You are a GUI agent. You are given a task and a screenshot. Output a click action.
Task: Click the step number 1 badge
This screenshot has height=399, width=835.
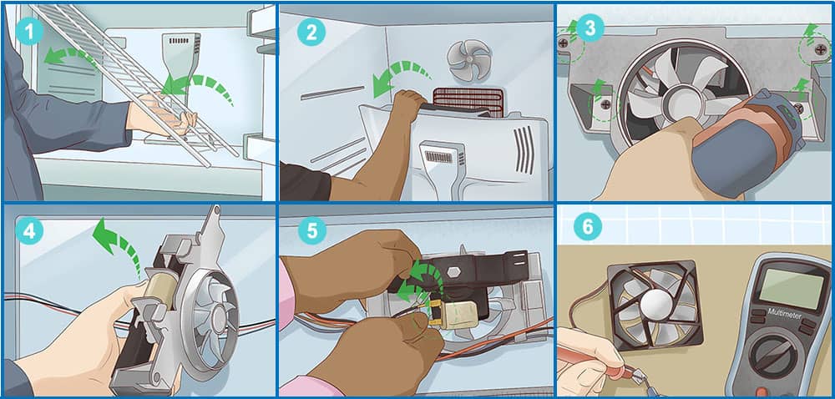coord(29,31)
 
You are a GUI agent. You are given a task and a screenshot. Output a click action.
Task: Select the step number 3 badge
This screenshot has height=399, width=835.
coord(590,28)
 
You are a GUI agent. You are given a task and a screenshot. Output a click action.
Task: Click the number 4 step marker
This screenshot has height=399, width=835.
coord(29,231)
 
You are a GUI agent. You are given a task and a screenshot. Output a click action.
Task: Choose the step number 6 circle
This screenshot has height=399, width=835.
coord(588,227)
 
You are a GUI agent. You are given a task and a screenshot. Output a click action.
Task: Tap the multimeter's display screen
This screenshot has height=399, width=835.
coord(789,288)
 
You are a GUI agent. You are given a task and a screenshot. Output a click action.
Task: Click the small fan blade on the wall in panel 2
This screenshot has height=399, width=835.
coord(468,60)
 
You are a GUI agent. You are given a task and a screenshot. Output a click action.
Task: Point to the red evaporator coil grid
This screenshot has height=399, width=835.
coord(468,102)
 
